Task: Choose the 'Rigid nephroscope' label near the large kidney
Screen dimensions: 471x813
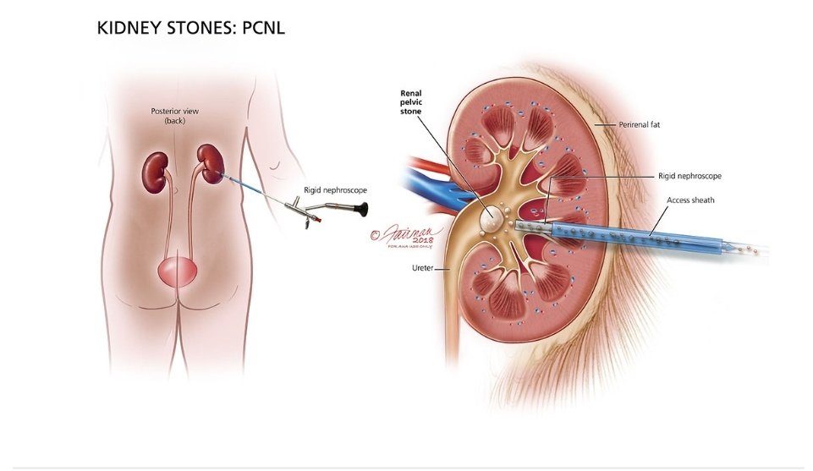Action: pos(689,176)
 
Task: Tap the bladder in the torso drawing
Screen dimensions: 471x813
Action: pos(177,272)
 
